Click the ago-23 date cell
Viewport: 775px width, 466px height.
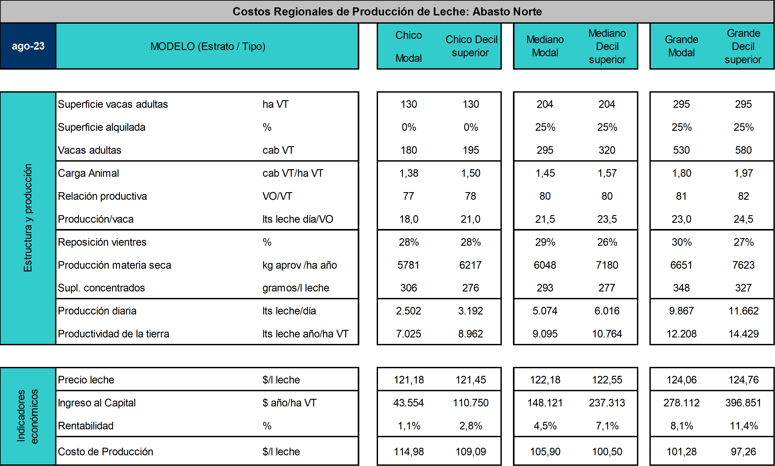tap(28, 46)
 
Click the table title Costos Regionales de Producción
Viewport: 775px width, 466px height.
tap(387, 12)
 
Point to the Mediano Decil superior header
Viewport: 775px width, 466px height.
tap(607, 46)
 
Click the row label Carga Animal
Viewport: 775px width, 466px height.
tap(89, 173)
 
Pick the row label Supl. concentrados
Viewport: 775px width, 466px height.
tap(101, 288)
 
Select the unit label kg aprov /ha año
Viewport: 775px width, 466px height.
tap(300, 265)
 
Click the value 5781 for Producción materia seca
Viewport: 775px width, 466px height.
tap(409, 265)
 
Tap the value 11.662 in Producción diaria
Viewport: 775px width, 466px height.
tap(743, 311)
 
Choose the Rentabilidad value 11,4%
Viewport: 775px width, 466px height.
tap(744, 426)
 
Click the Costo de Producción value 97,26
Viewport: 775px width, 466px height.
tap(743, 451)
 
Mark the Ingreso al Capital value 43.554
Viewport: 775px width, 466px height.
tap(409, 403)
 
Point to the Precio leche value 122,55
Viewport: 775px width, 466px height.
tap(607, 380)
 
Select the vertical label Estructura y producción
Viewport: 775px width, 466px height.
tap(28, 218)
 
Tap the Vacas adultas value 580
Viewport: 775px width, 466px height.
tap(743, 150)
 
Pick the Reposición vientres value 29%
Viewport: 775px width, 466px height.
tap(545, 242)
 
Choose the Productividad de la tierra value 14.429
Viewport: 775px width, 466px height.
tap(743, 334)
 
